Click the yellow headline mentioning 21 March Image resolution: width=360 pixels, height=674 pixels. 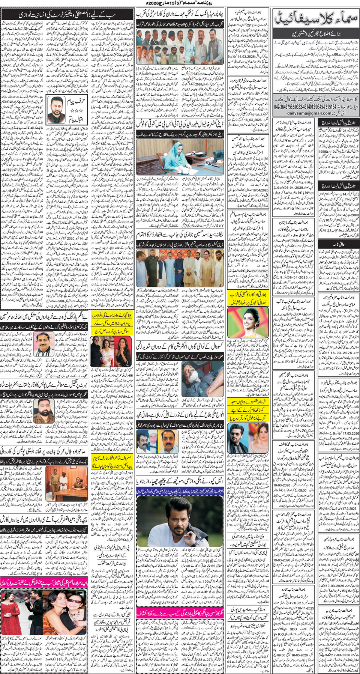(x=111, y=462)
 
